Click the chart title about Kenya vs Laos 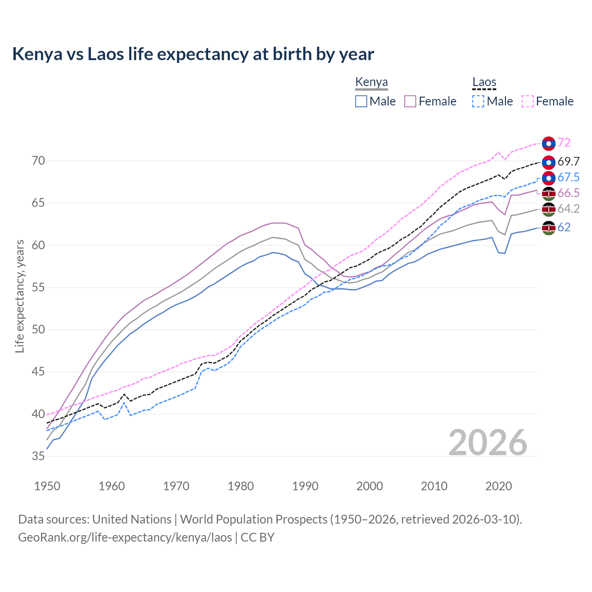(193, 54)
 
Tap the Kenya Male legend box (361, 101)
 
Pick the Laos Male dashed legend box (478, 101)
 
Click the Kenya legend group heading (371, 82)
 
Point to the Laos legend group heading (484, 82)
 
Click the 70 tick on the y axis (38, 161)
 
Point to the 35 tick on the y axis (38, 456)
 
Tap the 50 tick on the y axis (38, 330)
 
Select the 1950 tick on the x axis (47, 486)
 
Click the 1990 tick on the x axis (305, 486)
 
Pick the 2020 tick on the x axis (499, 486)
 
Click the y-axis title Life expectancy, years (19, 296)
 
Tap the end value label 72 (564, 143)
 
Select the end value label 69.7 (568, 161)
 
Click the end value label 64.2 (568, 209)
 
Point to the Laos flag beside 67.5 (549, 178)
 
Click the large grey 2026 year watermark (488, 443)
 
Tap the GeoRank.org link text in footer (125, 537)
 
